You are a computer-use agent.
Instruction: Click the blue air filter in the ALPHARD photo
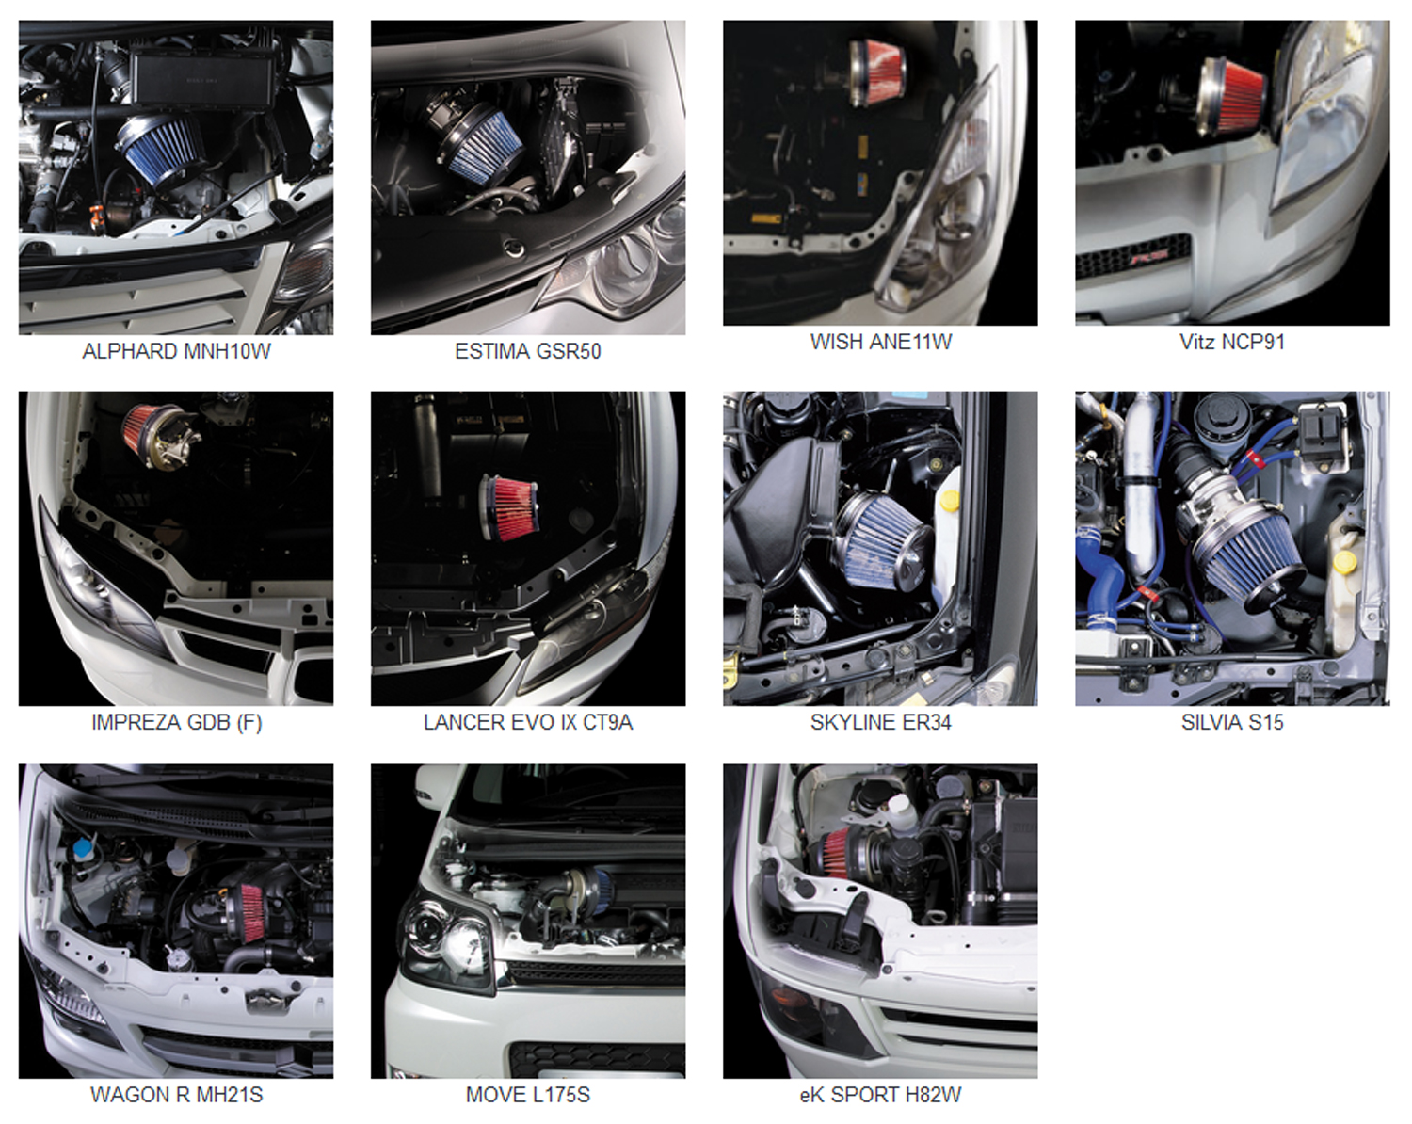tap(160, 151)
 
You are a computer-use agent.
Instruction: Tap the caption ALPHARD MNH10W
tap(176, 352)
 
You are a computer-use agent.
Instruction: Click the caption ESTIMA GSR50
tap(527, 352)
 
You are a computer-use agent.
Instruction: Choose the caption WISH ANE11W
tap(880, 342)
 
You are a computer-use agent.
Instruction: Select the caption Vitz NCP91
tap(1231, 342)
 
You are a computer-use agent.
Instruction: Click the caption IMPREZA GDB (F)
tap(176, 722)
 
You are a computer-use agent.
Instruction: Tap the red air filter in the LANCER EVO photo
tap(510, 507)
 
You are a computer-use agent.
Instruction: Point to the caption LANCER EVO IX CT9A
tap(527, 722)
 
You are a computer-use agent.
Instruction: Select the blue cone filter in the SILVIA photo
tap(1246, 557)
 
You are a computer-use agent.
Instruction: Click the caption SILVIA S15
tap(1231, 722)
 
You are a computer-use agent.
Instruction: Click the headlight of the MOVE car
tap(447, 935)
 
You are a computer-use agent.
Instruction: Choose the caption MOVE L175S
tap(527, 1095)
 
